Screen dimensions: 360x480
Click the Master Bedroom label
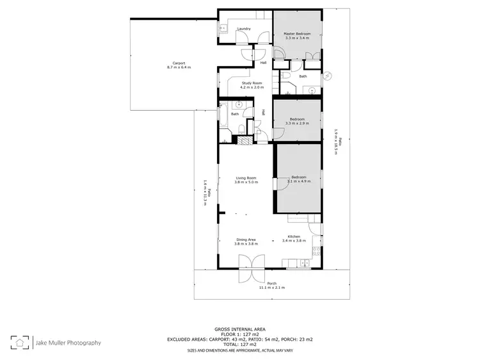(297, 33)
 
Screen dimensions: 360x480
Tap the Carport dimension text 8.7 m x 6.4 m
(179, 67)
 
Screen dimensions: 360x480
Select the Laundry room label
(243, 29)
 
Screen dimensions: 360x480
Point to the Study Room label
(251, 83)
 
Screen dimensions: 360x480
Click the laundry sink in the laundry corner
(223, 28)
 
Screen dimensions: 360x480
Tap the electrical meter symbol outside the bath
(328, 76)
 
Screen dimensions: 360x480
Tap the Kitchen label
(294, 236)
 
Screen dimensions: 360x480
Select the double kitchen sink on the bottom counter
(305, 263)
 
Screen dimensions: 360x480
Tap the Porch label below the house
(271, 284)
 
